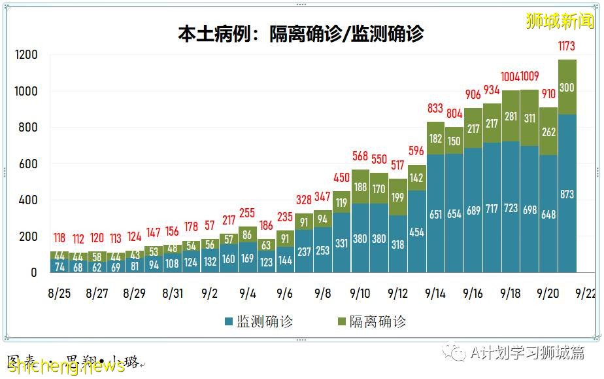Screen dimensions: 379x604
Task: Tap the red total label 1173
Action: (567, 46)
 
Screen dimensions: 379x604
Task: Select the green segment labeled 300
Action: (567, 87)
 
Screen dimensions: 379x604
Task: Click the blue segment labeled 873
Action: (567, 194)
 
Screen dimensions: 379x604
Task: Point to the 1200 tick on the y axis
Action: (27, 55)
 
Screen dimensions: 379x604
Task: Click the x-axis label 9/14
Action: (435, 293)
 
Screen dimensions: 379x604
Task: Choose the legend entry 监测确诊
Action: (259, 321)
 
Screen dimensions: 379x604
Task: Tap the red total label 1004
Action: (511, 77)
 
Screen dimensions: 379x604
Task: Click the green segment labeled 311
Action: (529, 118)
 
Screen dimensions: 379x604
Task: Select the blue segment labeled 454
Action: (416, 232)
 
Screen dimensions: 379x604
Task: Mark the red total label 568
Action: (360, 156)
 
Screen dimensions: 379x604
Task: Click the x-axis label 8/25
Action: (59, 293)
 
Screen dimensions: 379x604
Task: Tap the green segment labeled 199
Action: (397, 197)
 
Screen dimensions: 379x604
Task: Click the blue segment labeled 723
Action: (511, 208)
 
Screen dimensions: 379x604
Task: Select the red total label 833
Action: (435, 109)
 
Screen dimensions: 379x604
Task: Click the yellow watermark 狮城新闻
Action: (560, 21)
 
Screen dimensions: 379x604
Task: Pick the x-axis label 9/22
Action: (586, 293)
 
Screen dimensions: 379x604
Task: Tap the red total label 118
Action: (59, 238)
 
